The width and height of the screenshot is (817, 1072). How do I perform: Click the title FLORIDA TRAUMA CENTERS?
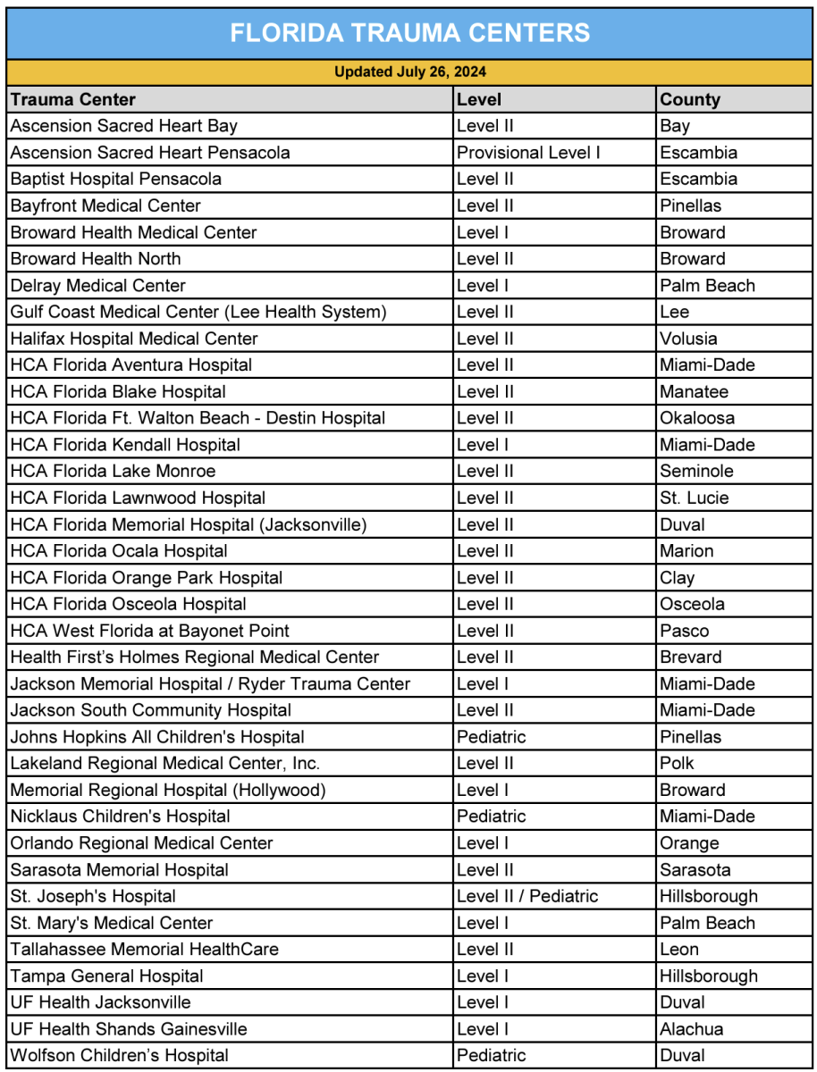pyautogui.click(x=409, y=33)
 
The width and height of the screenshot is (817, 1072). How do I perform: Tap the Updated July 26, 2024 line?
pyautogui.click(x=409, y=72)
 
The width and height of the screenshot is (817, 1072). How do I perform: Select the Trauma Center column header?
pyautogui.click(x=73, y=99)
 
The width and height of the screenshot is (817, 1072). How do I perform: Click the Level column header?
pyautogui.click(x=479, y=99)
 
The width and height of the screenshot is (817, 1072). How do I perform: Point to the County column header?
pyautogui.click(x=690, y=99)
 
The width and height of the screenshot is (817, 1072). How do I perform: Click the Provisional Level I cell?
pyautogui.click(x=528, y=153)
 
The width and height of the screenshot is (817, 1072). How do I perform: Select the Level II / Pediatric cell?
pyautogui.click(x=527, y=896)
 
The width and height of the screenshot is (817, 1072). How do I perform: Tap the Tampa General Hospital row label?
pyautogui.click(x=106, y=976)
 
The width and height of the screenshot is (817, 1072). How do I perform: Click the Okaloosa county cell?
pyautogui.click(x=697, y=418)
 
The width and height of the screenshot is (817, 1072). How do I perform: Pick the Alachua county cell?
pyautogui.click(x=692, y=1029)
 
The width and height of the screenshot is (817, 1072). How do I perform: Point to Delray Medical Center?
pyautogui.click(x=98, y=286)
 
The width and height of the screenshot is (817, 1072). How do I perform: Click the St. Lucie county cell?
pyautogui.click(x=695, y=498)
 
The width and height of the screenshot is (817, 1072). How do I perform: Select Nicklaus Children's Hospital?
pyautogui.click(x=120, y=817)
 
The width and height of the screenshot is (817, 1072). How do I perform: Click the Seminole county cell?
pyautogui.click(x=696, y=471)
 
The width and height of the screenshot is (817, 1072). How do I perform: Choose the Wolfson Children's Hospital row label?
pyautogui.click(x=119, y=1056)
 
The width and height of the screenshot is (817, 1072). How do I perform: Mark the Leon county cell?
pyautogui.click(x=679, y=950)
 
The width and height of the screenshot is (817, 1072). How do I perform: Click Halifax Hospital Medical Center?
pyautogui.click(x=134, y=339)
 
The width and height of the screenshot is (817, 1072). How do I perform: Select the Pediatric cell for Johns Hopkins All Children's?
pyautogui.click(x=491, y=737)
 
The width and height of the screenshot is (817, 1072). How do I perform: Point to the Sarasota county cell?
pyautogui.click(x=695, y=870)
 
